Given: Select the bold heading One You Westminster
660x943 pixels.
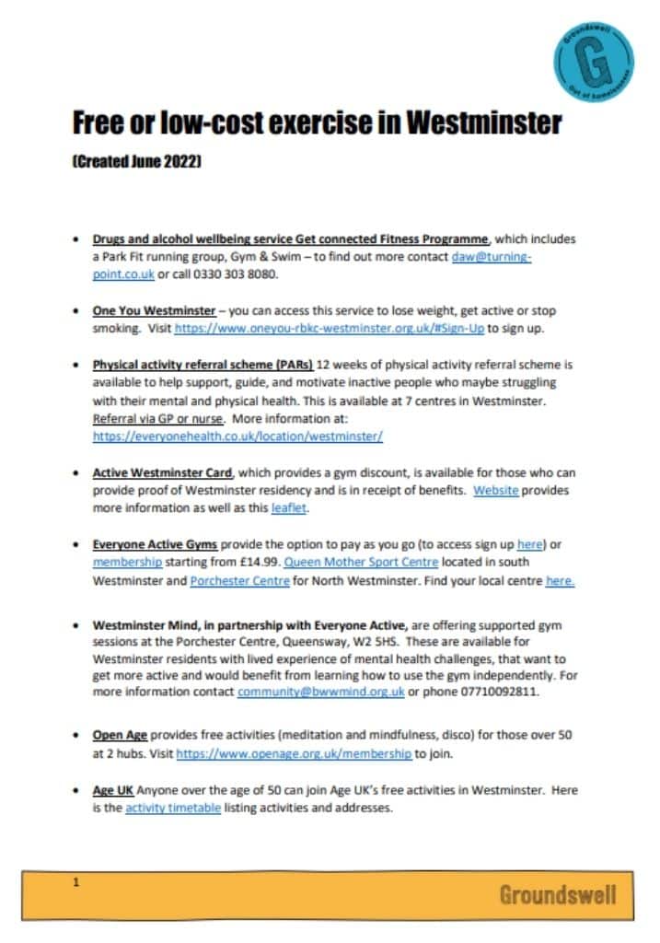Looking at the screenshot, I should point(152,311).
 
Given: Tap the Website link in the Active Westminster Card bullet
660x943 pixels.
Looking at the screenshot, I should point(496,491).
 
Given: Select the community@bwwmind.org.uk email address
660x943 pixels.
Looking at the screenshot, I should point(321,693).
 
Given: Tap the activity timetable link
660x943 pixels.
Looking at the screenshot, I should point(173,809).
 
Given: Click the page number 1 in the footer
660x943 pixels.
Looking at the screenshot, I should point(77,882).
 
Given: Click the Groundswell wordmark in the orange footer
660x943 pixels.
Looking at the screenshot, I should point(558,894).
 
